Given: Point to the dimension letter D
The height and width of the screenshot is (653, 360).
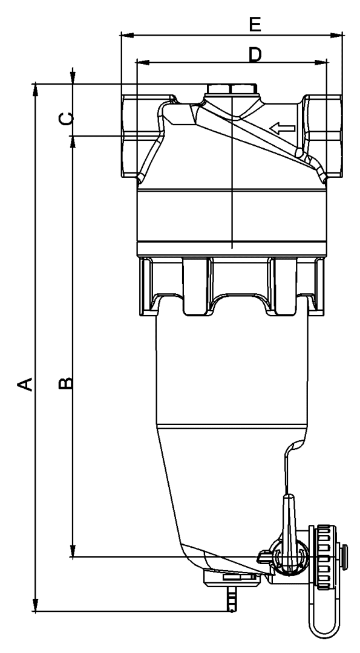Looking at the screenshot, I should point(255,55).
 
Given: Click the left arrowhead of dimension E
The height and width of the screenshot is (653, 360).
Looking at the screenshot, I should point(125,35).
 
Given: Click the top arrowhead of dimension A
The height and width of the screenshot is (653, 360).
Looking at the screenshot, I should point(36,88).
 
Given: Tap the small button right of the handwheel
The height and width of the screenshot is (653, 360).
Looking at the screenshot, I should point(346,551).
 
